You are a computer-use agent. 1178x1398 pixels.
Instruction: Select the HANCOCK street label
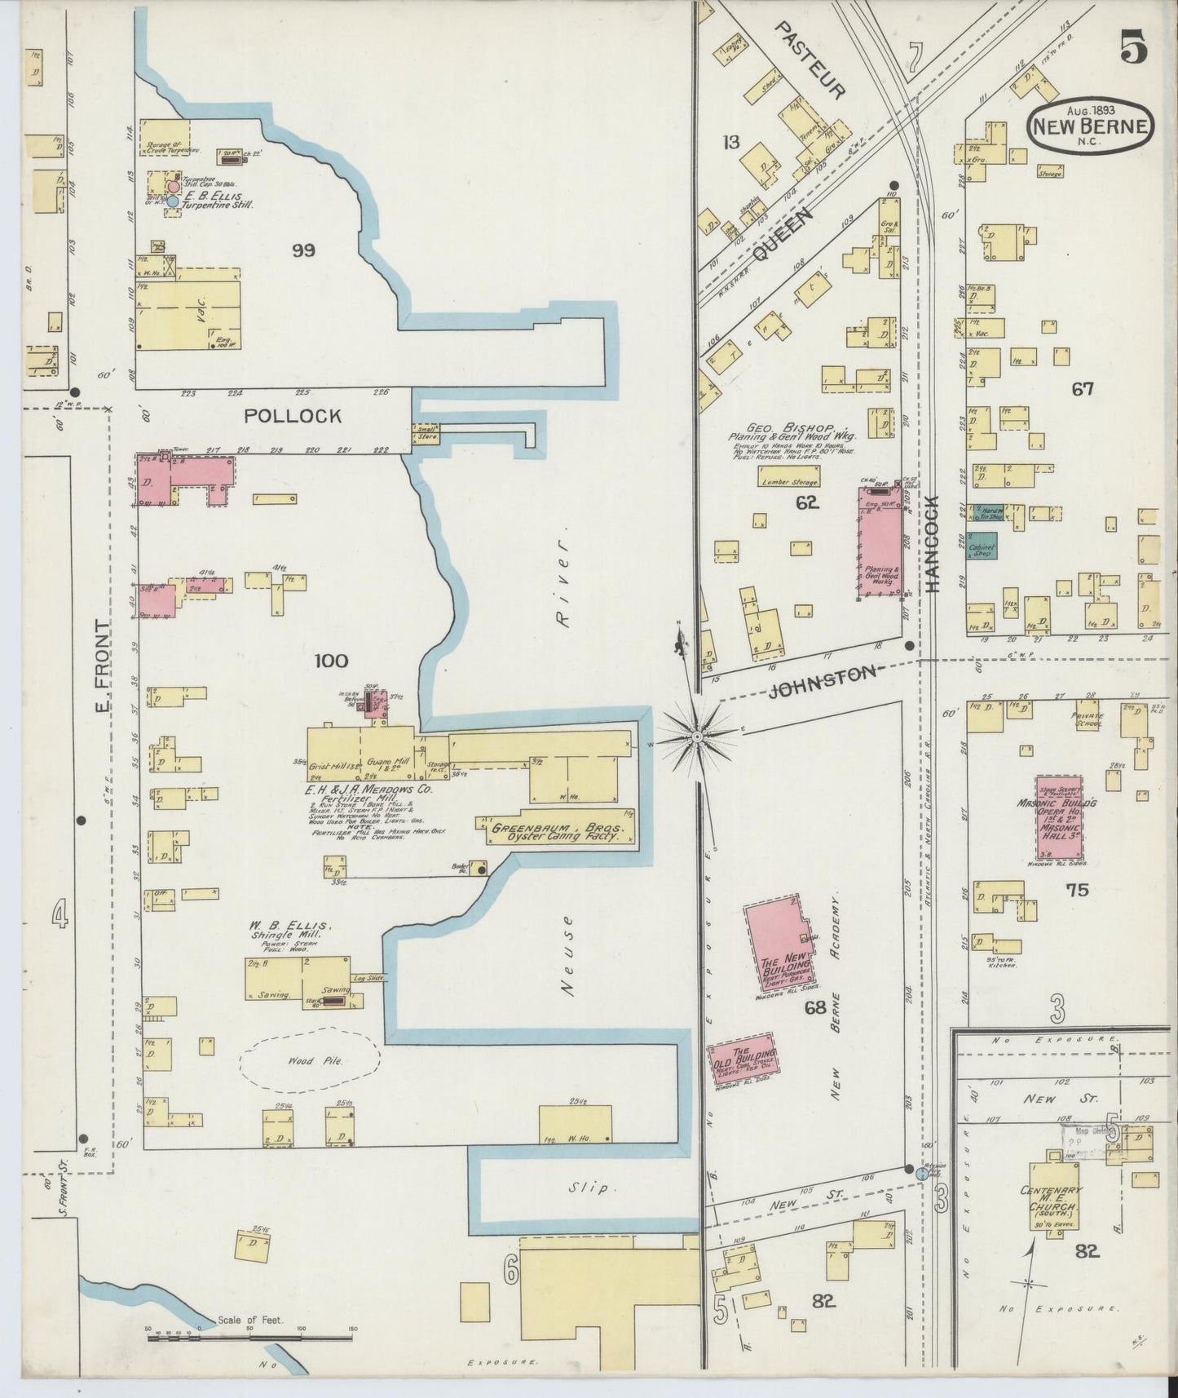pyautogui.click(x=933, y=544)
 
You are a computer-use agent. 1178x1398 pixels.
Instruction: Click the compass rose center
pyautogui.click(x=697, y=737)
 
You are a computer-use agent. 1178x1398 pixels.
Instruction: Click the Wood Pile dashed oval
pyautogui.click(x=310, y=1061)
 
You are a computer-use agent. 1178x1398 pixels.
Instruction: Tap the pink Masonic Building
pyautogui.click(x=1058, y=819)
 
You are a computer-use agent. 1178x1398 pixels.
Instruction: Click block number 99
pyautogui.click(x=303, y=250)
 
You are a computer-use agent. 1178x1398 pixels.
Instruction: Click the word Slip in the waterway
pyautogui.click(x=589, y=1188)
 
